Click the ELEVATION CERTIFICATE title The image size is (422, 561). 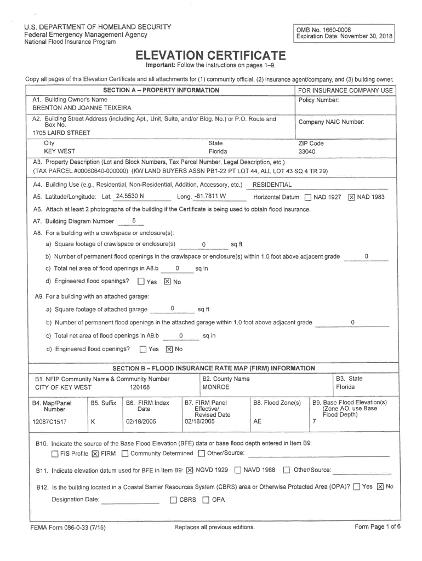coord(211,56)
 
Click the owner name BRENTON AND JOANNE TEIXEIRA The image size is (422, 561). coord(82,108)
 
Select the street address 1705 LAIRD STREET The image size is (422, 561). coord(61,133)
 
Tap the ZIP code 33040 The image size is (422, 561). coord(306,152)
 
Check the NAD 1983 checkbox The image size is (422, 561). coord(351,197)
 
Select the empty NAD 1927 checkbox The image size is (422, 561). coord(307,197)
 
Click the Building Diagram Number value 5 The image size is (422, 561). coord(134,221)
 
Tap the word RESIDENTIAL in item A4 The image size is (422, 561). coord(272,185)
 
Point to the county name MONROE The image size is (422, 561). coord(216,387)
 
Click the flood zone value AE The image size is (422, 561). coord(258,422)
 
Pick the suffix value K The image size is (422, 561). coord(93,422)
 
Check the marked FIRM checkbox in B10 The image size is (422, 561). coord(95,454)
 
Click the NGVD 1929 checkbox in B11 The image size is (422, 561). coord(190,470)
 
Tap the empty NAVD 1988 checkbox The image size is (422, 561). coord(238,470)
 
